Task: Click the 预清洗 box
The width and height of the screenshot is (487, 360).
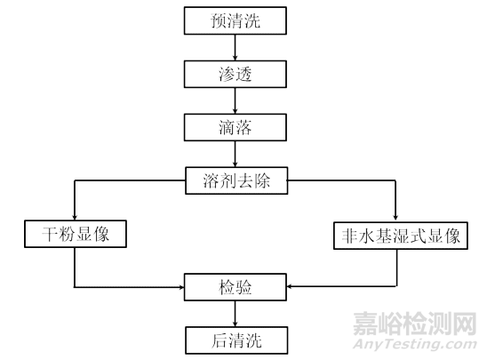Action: (x=236, y=20)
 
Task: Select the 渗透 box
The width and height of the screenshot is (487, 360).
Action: (x=236, y=74)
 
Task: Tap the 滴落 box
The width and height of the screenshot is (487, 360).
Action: (x=236, y=127)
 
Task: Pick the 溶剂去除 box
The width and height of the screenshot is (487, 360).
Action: (x=236, y=180)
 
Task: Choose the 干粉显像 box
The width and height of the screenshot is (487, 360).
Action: (x=76, y=234)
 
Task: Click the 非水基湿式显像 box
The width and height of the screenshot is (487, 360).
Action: (x=401, y=236)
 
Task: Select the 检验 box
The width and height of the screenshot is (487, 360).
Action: (x=236, y=287)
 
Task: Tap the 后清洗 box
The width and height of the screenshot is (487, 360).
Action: (x=236, y=340)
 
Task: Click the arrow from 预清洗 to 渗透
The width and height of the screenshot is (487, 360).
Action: (x=235, y=47)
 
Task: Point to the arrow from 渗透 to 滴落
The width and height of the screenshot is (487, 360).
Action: (x=235, y=100)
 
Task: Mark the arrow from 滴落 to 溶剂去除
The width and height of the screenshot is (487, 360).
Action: (x=235, y=154)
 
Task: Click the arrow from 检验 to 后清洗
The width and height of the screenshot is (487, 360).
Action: (x=235, y=314)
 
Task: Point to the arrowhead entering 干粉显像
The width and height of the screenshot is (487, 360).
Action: (x=75, y=217)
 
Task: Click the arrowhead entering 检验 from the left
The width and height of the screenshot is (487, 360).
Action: (x=181, y=287)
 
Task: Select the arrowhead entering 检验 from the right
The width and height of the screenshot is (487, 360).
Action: (x=290, y=286)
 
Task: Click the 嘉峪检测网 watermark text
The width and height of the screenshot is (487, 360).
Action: (x=415, y=324)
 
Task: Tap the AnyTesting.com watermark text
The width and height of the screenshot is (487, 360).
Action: (x=415, y=344)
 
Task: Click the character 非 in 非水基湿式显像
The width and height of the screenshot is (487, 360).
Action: (x=349, y=236)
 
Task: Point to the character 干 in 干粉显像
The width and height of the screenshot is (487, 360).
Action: (x=50, y=234)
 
